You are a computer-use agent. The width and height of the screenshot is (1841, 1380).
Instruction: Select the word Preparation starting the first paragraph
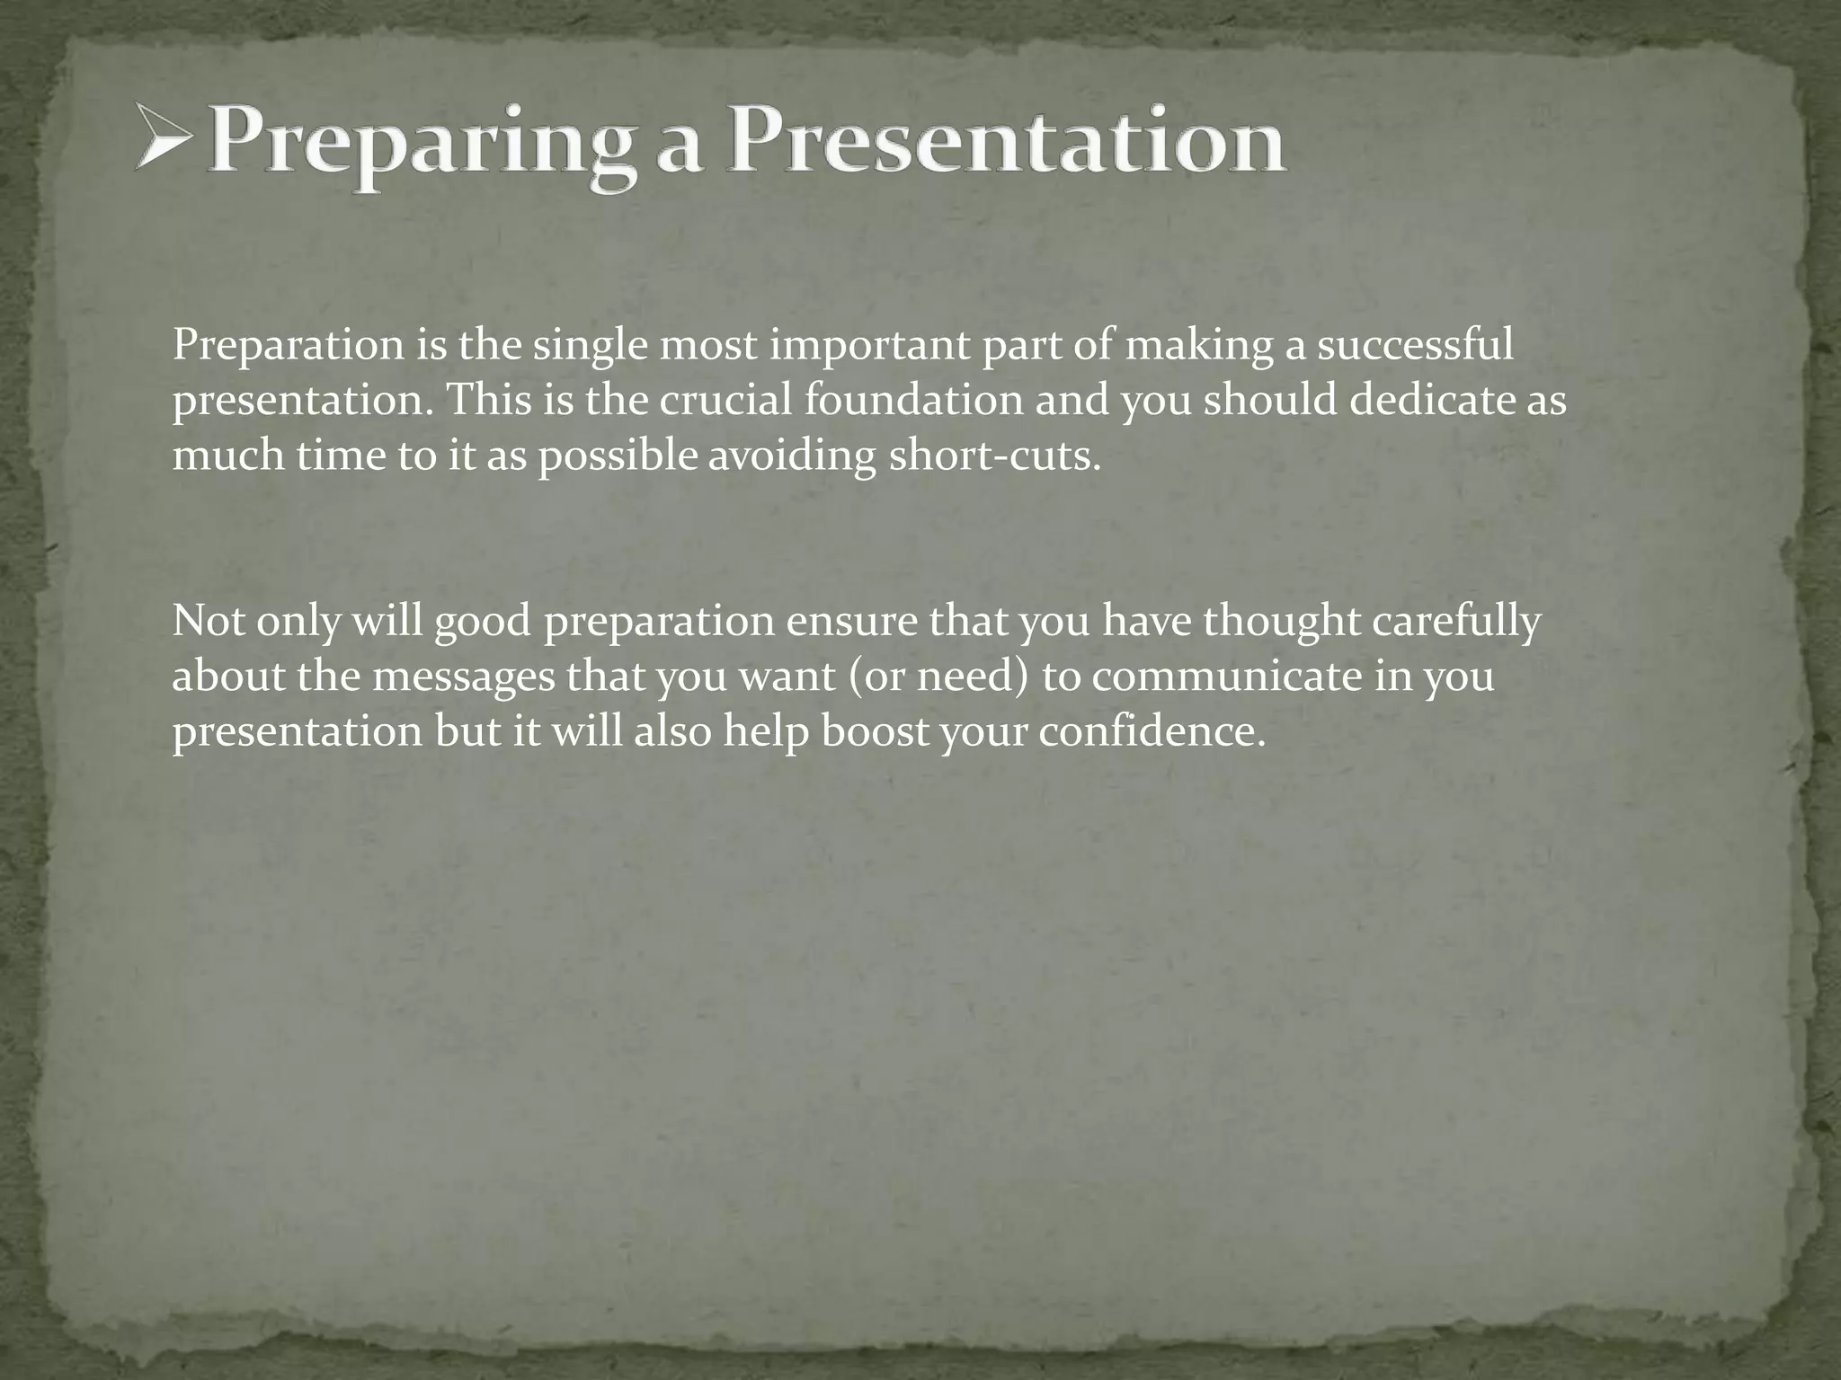pyautogui.click(x=289, y=347)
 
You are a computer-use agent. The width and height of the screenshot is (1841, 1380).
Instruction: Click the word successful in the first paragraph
pyautogui.click(x=1415, y=345)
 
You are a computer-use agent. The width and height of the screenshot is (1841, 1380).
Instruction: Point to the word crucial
pyautogui.click(x=725, y=400)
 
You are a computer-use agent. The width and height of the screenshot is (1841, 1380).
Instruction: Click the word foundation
pyautogui.click(x=913, y=400)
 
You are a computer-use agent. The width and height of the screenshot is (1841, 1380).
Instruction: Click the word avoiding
pyautogui.click(x=791, y=456)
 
